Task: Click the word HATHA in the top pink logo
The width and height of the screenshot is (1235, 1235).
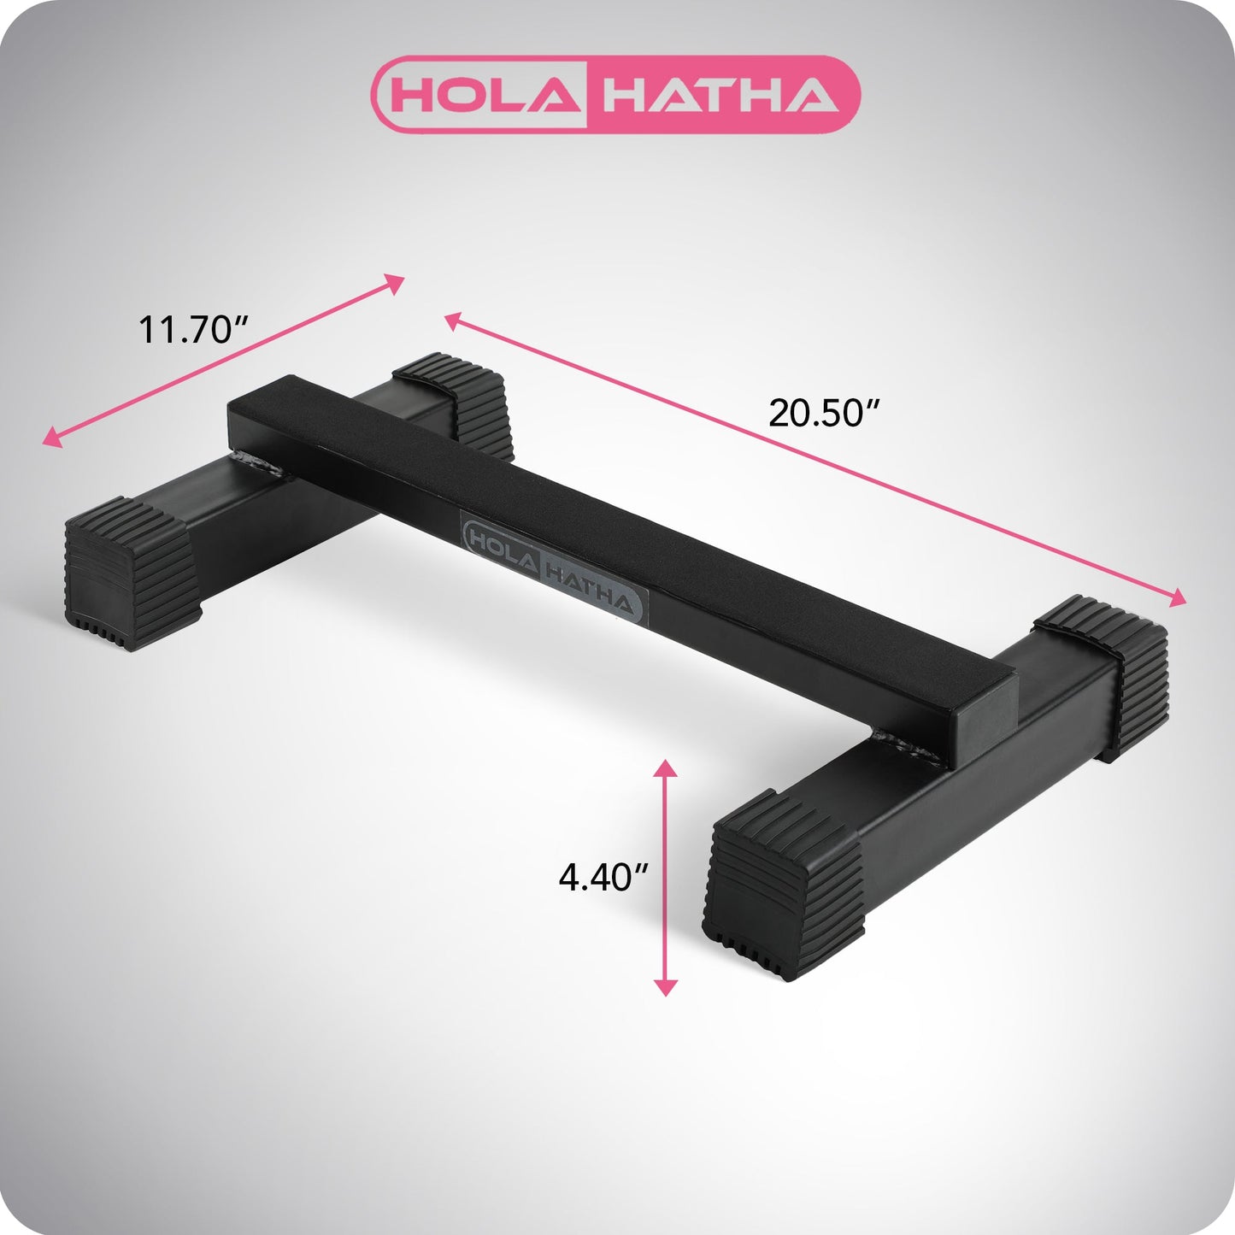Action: [x=718, y=95]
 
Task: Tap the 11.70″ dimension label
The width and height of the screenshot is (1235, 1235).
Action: [x=193, y=329]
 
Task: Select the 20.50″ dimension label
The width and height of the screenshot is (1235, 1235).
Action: [x=824, y=413]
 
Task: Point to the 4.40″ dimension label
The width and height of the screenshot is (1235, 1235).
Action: [x=603, y=877]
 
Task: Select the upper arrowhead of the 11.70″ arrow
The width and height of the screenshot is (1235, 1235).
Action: [x=394, y=283]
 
